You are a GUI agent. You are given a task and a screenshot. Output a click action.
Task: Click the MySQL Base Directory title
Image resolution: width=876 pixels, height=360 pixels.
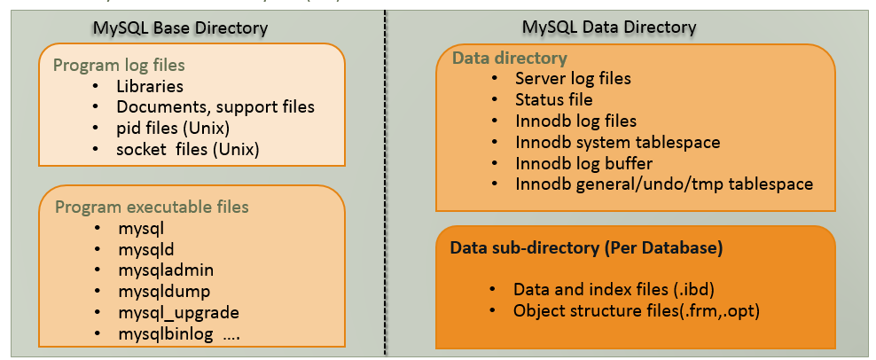click(180, 28)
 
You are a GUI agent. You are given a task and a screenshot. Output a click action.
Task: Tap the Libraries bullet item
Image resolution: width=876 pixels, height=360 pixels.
click(150, 86)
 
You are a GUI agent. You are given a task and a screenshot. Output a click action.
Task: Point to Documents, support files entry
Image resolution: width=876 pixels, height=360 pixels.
click(215, 106)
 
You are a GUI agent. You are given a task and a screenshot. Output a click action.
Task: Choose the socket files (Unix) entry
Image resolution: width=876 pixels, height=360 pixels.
click(187, 148)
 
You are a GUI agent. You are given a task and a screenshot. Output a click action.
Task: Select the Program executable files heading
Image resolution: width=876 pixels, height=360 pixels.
click(152, 207)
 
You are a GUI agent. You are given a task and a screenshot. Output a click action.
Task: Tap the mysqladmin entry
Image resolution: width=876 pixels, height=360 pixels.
click(166, 270)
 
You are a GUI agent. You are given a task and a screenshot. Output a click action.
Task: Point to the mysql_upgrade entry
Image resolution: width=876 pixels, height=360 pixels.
click(178, 312)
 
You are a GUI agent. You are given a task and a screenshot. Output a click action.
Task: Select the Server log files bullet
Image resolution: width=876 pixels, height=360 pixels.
click(573, 78)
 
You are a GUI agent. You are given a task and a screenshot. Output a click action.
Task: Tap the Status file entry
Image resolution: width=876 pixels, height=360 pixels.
click(553, 99)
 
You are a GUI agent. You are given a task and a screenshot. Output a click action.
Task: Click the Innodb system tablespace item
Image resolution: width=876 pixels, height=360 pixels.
click(617, 142)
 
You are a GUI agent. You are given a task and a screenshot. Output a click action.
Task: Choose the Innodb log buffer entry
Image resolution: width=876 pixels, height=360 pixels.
click(583, 163)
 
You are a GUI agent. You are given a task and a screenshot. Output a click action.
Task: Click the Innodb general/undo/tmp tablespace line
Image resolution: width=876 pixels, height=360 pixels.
click(664, 184)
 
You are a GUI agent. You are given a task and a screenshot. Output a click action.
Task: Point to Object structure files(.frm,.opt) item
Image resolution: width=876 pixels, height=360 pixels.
click(634, 311)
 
